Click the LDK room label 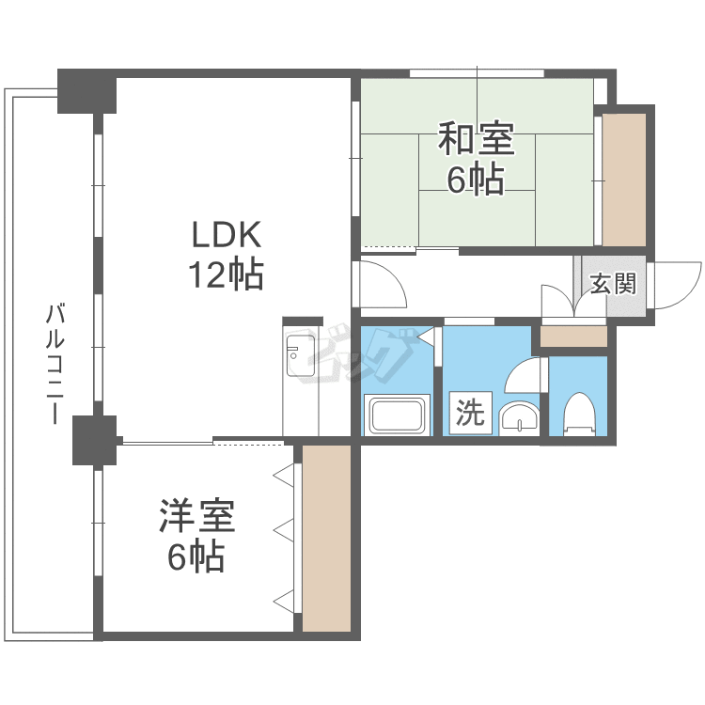pyautogui.click(x=227, y=235)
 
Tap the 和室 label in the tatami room pyautogui.click(x=477, y=138)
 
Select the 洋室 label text pyautogui.click(x=197, y=516)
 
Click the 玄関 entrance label pyautogui.click(x=614, y=284)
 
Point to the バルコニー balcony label pyautogui.click(x=55, y=364)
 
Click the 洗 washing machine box pyautogui.click(x=471, y=413)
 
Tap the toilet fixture pyautogui.click(x=579, y=415)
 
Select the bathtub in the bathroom pyautogui.click(x=399, y=415)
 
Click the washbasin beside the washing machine pyautogui.click(x=519, y=418)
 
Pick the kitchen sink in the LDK pyautogui.click(x=301, y=355)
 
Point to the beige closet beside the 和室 pyautogui.click(x=624, y=180)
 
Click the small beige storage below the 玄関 pyautogui.click(x=573, y=337)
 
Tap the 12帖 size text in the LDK pyautogui.click(x=226, y=274)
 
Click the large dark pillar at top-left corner pyautogui.click(x=87, y=91)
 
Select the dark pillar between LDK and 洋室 pyautogui.click(x=94, y=440)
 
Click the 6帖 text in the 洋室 pyautogui.click(x=196, y=556)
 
